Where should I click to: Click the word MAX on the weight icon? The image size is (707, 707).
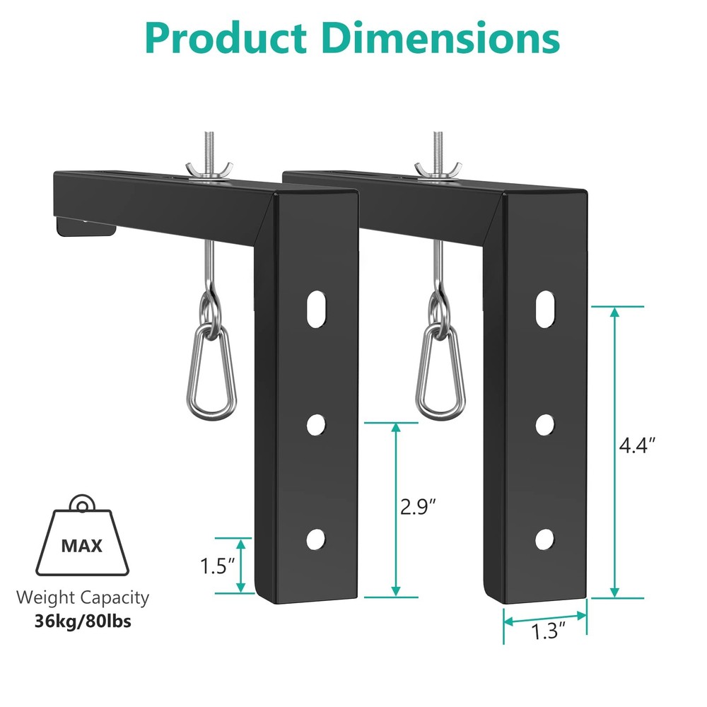coord(81,545)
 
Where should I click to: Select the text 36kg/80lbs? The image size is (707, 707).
coord(83,621)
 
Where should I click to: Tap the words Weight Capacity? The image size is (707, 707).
coord(83,597)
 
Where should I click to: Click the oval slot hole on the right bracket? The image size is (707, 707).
coord(544,309)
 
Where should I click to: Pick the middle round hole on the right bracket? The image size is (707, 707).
coord(544,424)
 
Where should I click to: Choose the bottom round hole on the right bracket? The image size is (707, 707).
coord(544,539)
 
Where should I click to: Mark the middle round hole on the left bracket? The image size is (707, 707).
coord(316,424)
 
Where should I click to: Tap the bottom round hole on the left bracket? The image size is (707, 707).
coord(315,539)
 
